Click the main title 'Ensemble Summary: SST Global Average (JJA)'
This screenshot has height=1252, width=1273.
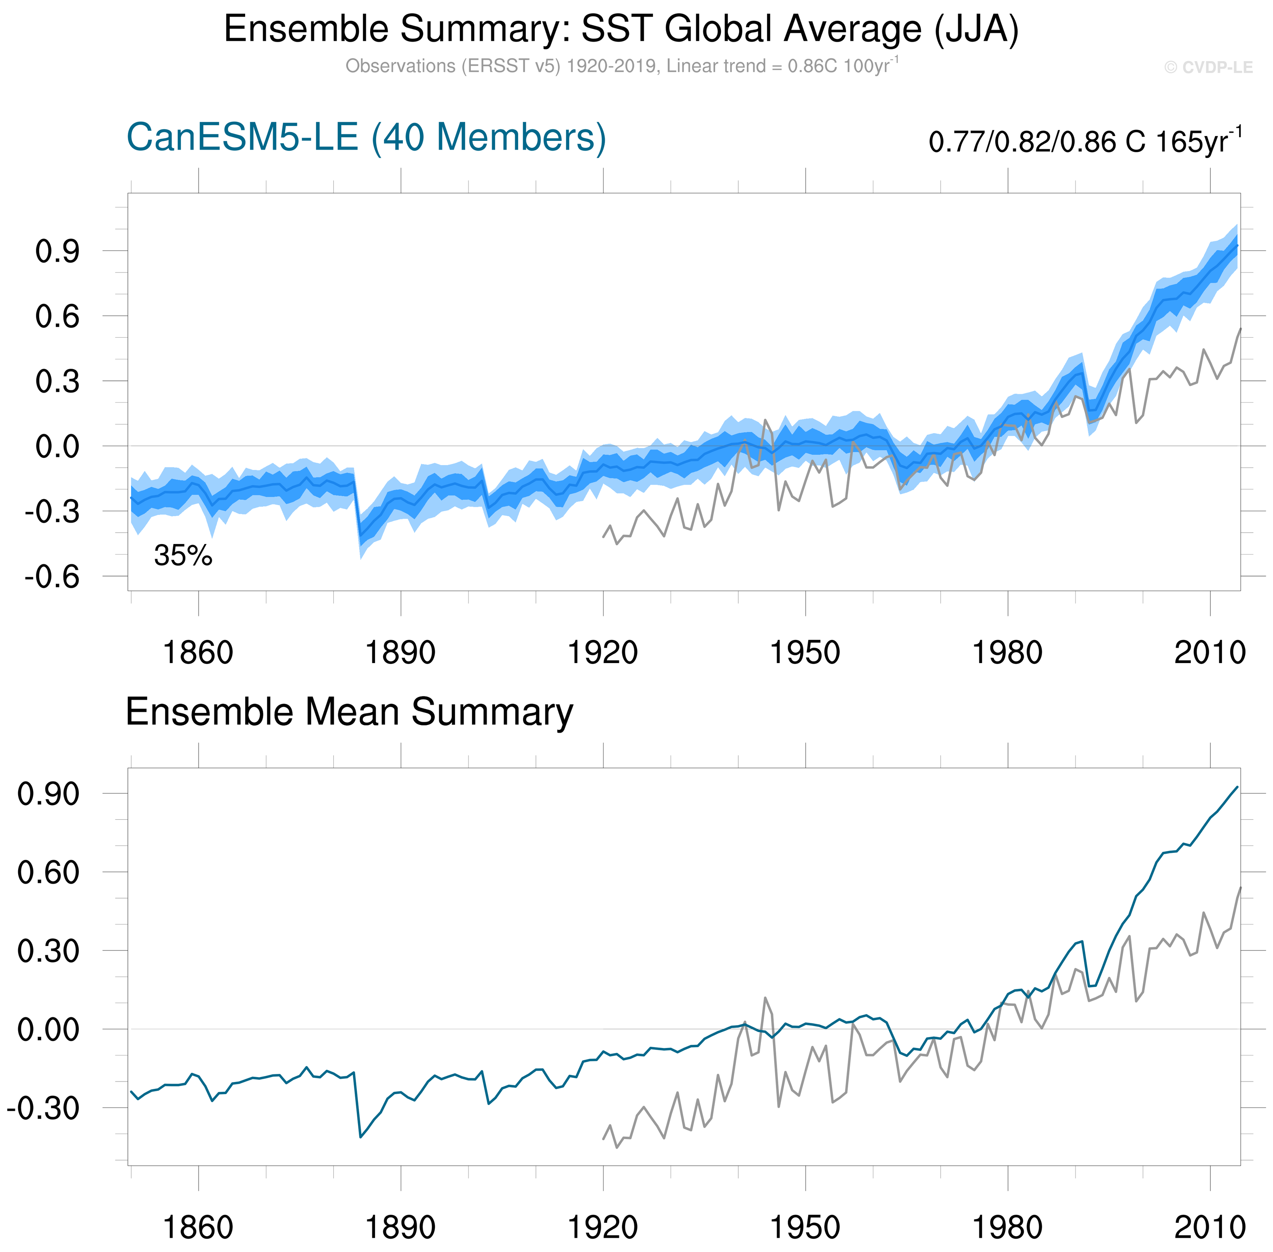click(621, 30)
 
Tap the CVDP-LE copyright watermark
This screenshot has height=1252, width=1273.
click(1208, 68)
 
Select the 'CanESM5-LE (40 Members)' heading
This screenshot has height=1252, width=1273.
click(366, 138)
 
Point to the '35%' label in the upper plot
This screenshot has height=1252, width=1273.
click(183, 556)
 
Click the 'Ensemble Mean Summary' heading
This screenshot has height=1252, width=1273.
click(349, 712)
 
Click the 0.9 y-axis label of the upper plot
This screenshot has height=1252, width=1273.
click(57, 251)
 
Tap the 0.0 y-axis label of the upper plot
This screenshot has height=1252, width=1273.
click(57, 446)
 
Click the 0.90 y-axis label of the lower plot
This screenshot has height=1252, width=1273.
click(48, 794)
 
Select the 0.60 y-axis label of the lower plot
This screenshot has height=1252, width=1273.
click(48, 873)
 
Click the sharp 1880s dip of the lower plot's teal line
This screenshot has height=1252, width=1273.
click(360, 1137)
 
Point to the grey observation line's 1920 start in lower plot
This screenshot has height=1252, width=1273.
click(603, 1139)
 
